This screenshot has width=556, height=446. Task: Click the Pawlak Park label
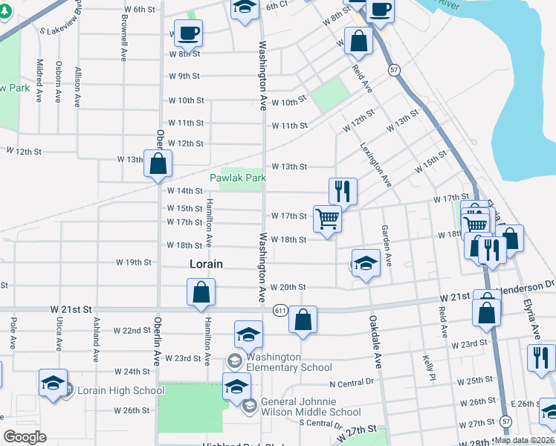click(237, 178)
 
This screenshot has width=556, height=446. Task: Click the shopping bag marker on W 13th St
click(158, 164)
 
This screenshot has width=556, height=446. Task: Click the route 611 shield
click(280, 309)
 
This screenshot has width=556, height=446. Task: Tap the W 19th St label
click(134, 262)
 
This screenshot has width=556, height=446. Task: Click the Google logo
click(25, 437)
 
